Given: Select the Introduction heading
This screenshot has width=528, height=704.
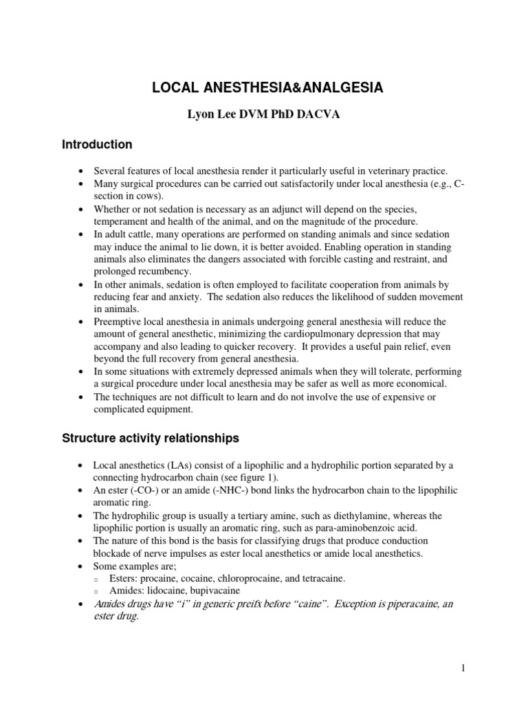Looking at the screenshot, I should tap(97, 145).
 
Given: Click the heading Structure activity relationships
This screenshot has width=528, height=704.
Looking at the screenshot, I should tap(150, 438).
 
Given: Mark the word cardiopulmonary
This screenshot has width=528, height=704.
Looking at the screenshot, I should tap(286, 334).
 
